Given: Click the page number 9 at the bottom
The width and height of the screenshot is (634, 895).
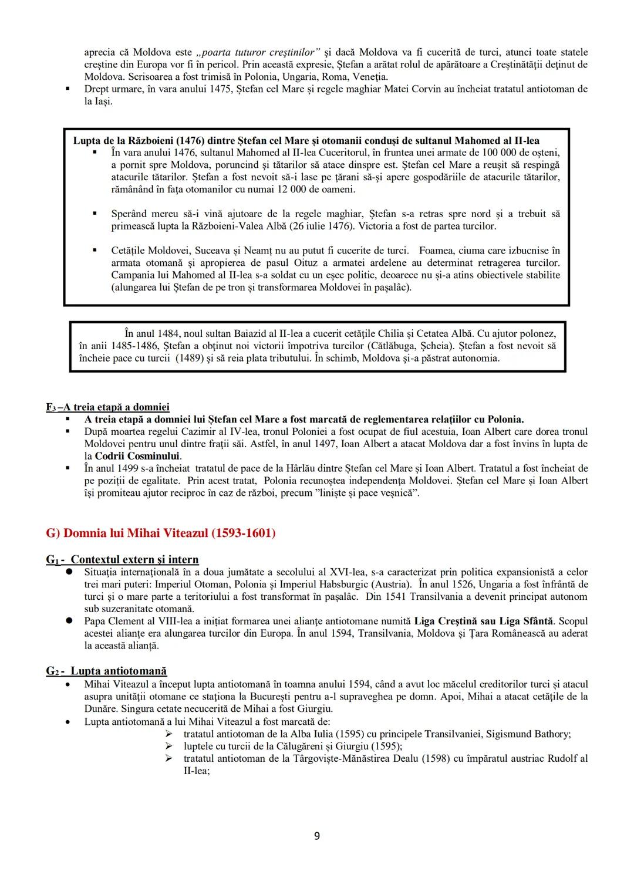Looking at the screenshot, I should point(317,836).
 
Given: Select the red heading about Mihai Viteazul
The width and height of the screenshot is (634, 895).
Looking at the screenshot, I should point(160,533).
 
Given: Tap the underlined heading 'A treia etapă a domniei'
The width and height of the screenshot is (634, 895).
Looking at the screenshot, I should point(108,407).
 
